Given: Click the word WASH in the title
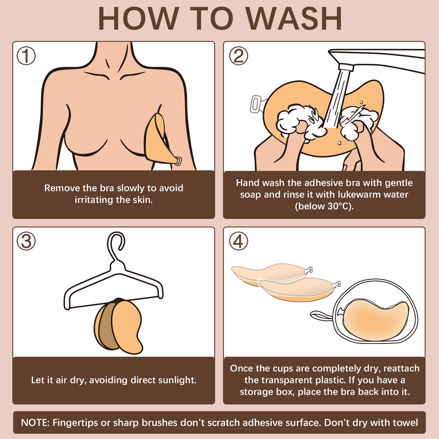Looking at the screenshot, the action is [294, 19].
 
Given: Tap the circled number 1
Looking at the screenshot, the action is [26, 56].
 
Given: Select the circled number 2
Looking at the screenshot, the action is [238, 56].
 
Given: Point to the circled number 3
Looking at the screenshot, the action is [26, 241].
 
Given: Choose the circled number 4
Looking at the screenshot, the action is [238, 241].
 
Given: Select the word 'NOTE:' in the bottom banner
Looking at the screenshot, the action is [35, 423].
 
